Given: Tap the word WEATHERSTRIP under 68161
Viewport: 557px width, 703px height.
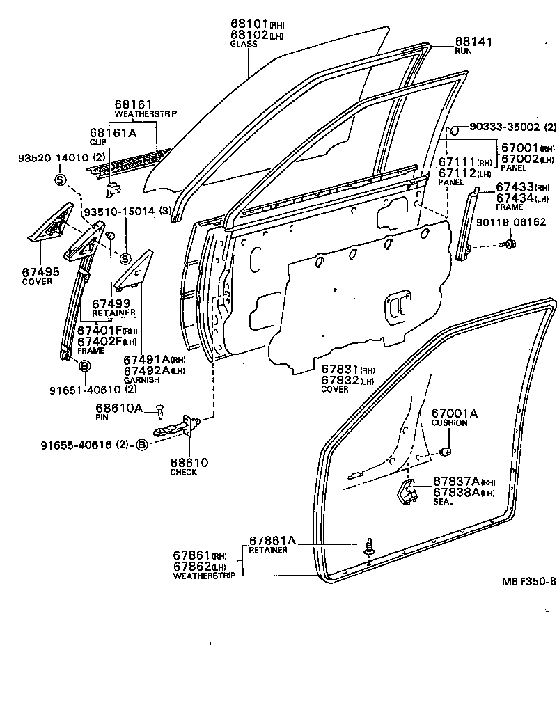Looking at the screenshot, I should [146, 113].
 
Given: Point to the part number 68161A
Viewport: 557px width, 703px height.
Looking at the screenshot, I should [113, 131].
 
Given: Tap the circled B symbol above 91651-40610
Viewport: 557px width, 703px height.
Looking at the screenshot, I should [84, 366].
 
